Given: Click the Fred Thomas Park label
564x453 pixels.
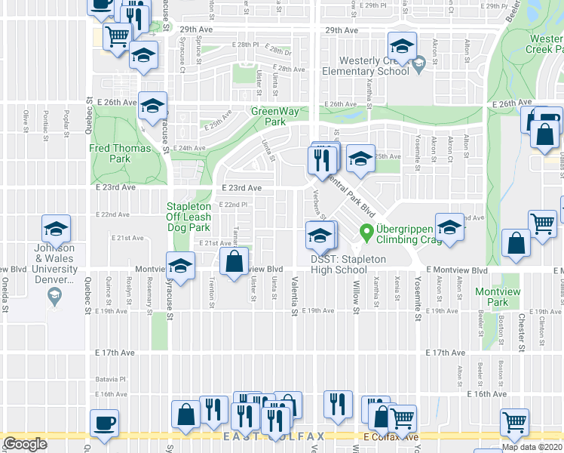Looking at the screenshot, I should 110,153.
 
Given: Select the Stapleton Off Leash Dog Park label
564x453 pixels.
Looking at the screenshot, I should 188,217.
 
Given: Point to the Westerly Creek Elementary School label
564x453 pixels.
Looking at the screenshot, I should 363,66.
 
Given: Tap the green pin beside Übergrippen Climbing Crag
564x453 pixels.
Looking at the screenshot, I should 367,232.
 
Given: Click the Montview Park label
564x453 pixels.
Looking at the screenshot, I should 492,297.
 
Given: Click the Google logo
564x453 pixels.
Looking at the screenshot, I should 25,444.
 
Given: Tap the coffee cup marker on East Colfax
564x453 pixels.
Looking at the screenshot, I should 104,423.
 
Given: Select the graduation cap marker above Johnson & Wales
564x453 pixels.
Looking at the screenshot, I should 56,229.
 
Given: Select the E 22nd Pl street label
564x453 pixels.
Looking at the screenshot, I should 233,205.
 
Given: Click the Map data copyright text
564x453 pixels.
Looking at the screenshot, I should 531,447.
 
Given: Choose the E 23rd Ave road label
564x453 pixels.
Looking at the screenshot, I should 241,188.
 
